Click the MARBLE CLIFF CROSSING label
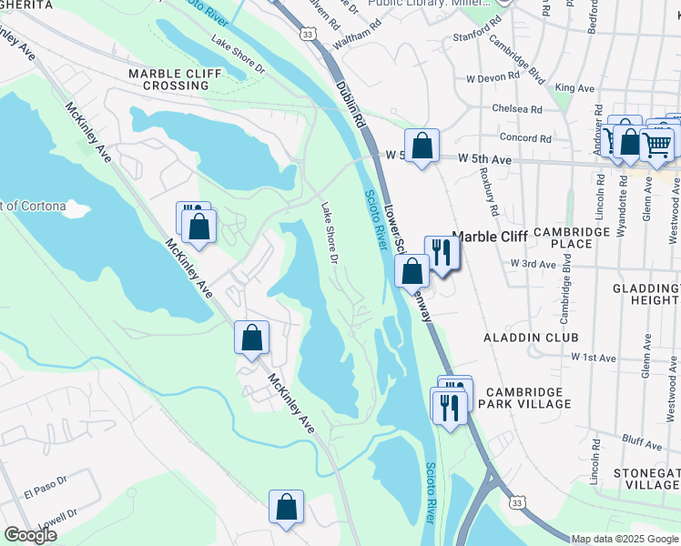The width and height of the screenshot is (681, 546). pos(168,79)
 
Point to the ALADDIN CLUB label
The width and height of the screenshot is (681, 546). pos(531,338)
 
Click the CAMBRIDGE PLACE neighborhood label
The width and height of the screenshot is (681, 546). pos(573,238)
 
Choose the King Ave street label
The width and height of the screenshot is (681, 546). pos(574,88)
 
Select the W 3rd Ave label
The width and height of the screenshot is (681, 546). pos(533,263)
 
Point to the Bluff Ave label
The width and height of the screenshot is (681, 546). pos(644,443)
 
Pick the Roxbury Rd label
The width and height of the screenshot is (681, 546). pos(493,196)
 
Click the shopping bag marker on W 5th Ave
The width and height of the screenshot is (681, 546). pos(422,146)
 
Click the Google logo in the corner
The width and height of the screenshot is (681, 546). pos(30,535)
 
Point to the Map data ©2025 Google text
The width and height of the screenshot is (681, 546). pos(625,539)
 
